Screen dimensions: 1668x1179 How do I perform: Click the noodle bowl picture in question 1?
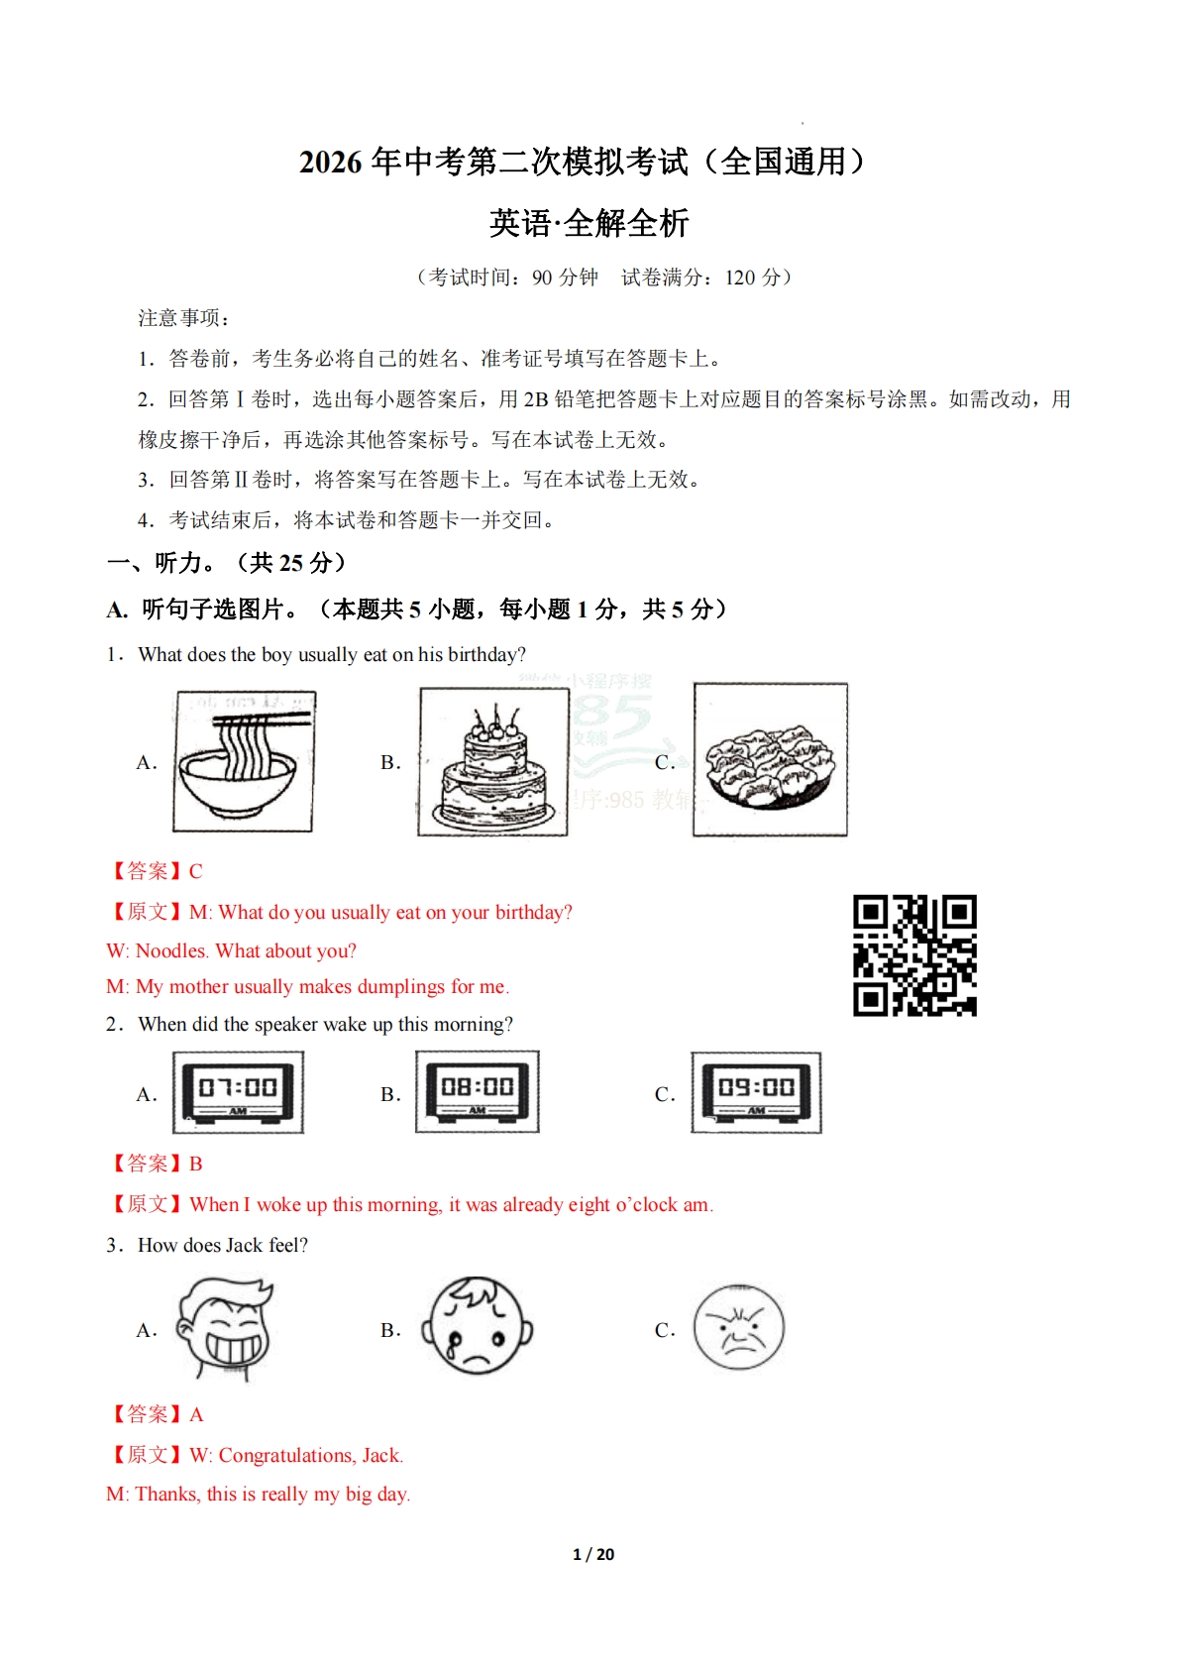click(244, 761)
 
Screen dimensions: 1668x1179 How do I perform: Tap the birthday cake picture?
click(493, 761)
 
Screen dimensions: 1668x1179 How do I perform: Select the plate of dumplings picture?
click(770, 760)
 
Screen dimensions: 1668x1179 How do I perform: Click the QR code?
click(914, 955)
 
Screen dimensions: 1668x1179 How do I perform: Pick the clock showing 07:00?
click(238, 1092)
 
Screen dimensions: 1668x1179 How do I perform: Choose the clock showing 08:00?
click(478, 1091)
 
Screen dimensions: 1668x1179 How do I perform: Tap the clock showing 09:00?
click(756, 1092)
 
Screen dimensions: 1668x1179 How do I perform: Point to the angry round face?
click(738, 1328)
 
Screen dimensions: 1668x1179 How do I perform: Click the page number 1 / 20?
click(593, 1554)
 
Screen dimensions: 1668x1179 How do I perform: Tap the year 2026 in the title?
click(331, 162)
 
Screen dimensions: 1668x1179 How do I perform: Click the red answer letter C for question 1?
click(196, 871)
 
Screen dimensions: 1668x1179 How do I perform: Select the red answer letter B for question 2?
click(196, 1164)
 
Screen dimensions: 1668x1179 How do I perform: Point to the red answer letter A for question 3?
click(196, 1414)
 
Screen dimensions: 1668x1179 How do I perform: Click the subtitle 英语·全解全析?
click(589, 223)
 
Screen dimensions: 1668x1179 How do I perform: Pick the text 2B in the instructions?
click(536, 399)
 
